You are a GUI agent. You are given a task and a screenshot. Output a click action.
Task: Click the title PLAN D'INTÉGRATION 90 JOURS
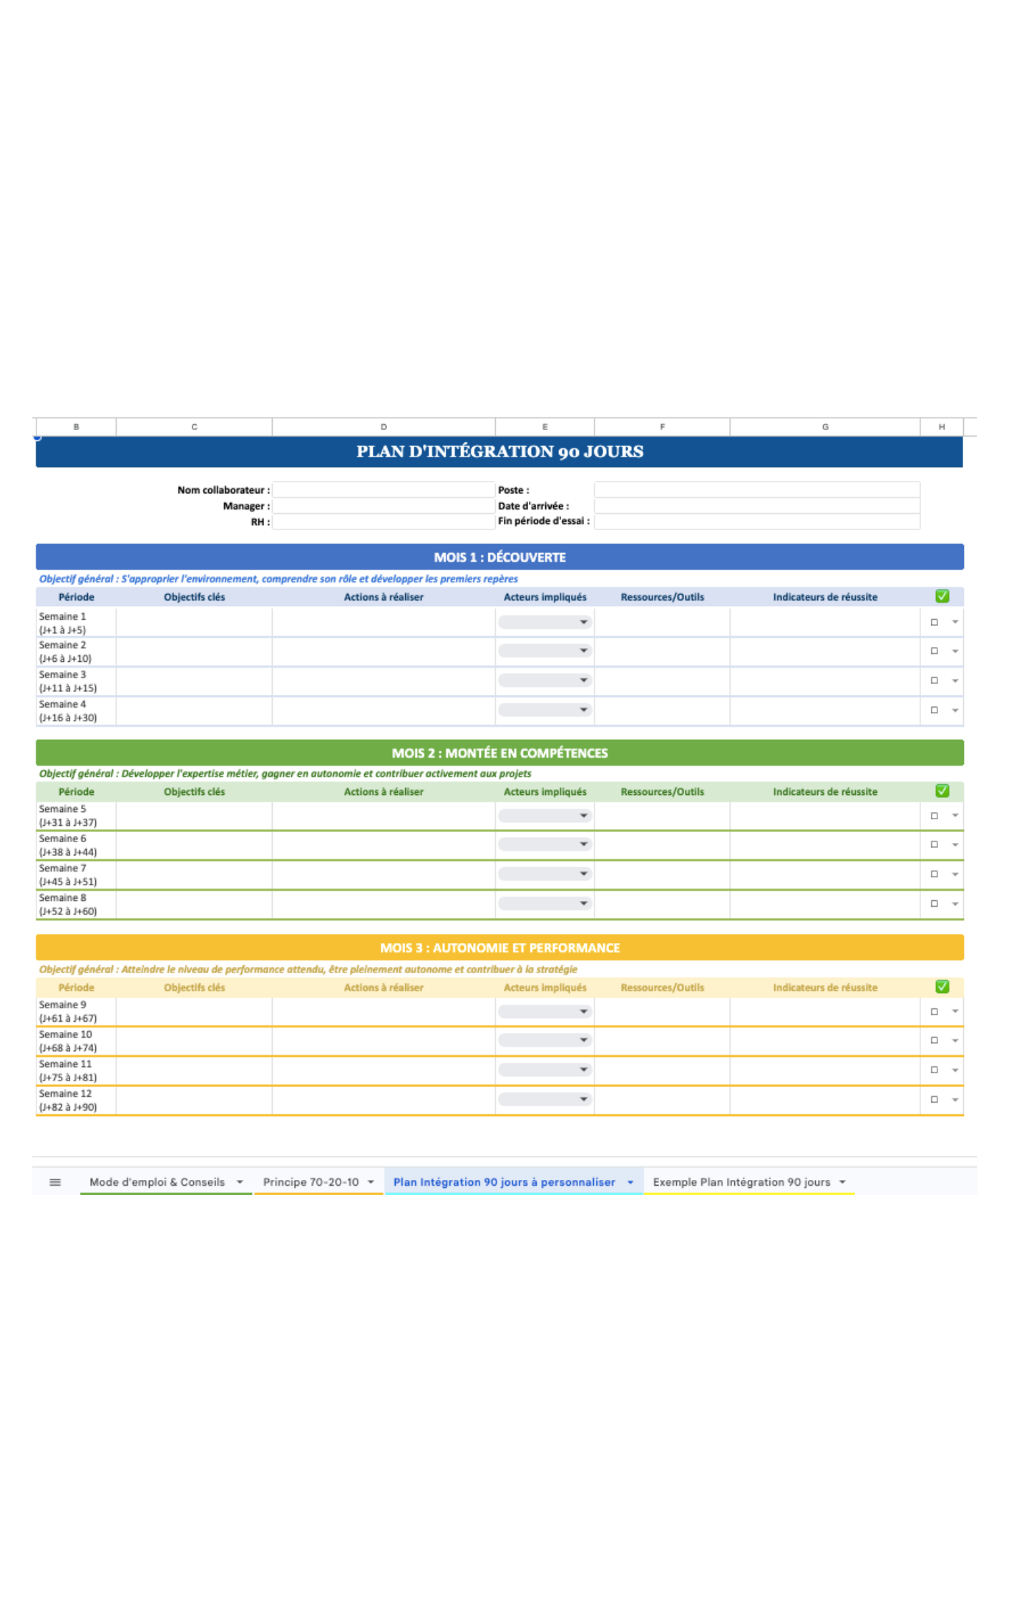tap(499, 452)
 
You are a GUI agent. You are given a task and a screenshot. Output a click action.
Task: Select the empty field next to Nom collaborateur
tap(383, 490)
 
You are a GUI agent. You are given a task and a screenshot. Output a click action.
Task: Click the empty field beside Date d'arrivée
tap(756, 506)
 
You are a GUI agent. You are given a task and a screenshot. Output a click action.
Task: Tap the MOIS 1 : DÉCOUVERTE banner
tap(499, 557)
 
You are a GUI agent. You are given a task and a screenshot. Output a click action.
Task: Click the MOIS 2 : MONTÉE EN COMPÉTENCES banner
tap(499, 753)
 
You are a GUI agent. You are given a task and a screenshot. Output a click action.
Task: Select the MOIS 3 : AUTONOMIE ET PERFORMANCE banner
tap(499, 948)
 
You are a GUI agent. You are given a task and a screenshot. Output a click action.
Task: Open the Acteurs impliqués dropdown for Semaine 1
tap(545, 623)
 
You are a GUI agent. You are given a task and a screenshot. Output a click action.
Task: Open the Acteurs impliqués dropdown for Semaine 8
tap(545, 904)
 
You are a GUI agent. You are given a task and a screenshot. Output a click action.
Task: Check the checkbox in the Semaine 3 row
tap(934, 680)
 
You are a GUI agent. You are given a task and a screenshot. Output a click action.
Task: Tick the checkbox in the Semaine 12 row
tap(934, 1100)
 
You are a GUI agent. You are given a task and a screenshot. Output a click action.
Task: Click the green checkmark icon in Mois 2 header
tap(942, 791)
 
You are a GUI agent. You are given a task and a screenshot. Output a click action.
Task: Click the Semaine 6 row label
tap(67, 845)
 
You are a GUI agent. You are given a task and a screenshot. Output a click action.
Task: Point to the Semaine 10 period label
tap(67, 1041)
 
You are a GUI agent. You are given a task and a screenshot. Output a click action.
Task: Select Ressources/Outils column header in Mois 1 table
tap(662, 597)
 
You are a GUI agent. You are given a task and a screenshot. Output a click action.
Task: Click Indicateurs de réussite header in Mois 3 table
tap(824, 987)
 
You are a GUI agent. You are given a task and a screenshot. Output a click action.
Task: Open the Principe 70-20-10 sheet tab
tap(311, 1182)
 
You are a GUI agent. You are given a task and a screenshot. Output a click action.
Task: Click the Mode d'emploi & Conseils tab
tap(157, 1182)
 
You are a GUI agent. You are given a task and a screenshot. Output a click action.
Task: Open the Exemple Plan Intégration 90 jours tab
tap(741, 1182)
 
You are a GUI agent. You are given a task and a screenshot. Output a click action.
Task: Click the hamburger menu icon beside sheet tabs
tap(55, 1182)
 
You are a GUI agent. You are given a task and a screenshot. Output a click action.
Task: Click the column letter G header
tap(824, 426)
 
